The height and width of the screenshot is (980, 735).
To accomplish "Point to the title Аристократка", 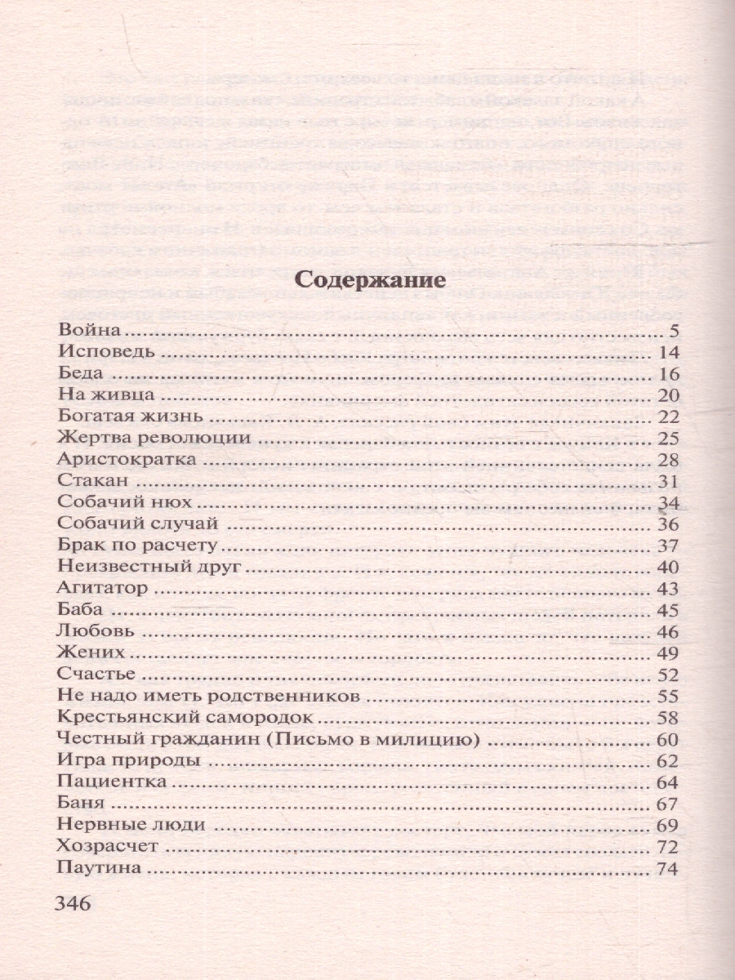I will click(127, 460).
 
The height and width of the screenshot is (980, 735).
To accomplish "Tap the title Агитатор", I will click(103, 588).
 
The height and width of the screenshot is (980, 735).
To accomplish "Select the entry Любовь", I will click(96, 631).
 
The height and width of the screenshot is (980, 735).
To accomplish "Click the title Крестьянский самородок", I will click(186, 718).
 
